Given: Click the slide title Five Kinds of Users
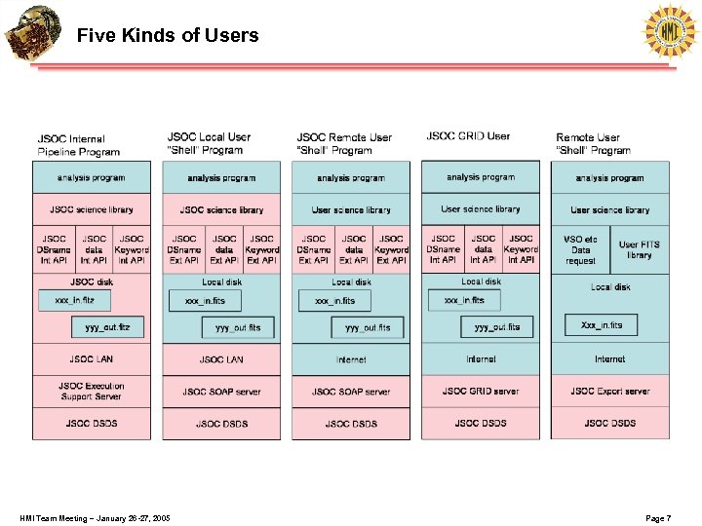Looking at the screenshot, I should pyautogui.click(x=168, y=36).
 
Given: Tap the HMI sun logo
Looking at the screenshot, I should pyautogui.click(x=670, y=31).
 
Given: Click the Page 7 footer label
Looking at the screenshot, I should pyautogui.click(x=658, y=518).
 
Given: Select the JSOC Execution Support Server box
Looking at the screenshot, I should pyautogui.click(x=92, y=392).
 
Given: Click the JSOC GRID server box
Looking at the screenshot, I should pyautogui.click(x=481, y=392).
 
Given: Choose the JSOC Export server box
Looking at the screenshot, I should pyautogui.click(x=610, y=392).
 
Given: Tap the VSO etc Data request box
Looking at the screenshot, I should pyautogui.click(x=580, y=250).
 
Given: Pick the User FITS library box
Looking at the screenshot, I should pyautogui.click(x=639, y=249).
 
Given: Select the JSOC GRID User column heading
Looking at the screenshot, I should pyautogui.click(x=468, y=136).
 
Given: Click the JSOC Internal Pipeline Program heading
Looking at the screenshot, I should pyautogui.click(x=78, y=145).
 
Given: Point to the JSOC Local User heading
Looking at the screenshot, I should pyautogui.click(x=209, y=143).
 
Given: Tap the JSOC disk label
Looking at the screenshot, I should pyautogui.click(x=92, y=282).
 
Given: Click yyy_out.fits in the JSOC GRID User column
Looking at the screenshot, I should pyautogui.click(x=497, y=327).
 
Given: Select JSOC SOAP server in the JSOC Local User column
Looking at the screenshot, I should pyautogui.click(x=221, y=392).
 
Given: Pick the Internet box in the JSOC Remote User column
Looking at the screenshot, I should pyautogui.click(x=351, y=359).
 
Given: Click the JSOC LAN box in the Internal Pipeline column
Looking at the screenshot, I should pyautogui.click(x=92, y=359).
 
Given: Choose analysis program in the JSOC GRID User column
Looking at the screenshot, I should pyautogui.click(x=481, y=177).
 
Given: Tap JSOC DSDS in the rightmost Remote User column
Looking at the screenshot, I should pyautogui.click(x=610, y=424).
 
